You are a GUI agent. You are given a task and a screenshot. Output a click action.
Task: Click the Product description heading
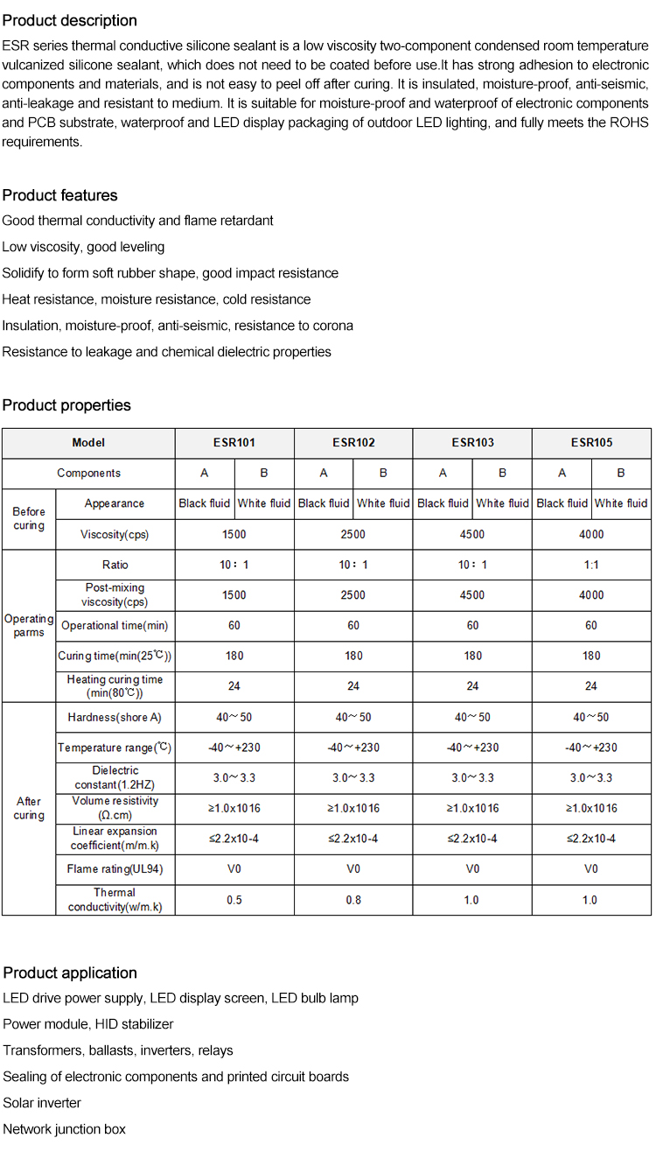70,20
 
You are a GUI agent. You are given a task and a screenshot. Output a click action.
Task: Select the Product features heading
59,195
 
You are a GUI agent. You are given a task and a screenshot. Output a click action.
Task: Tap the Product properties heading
66,405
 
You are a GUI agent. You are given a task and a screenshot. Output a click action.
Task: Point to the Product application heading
70,973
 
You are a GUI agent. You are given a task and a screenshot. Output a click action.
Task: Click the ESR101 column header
234,443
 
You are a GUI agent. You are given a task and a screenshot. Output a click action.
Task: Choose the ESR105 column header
591,443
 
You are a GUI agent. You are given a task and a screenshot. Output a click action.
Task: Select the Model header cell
88,443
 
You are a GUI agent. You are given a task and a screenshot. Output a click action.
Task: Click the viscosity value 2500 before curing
353,534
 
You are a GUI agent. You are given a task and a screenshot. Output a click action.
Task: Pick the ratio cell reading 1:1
591,565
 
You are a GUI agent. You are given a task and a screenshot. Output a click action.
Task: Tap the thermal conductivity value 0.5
234,900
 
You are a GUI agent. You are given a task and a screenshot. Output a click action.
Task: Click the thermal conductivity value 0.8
353,900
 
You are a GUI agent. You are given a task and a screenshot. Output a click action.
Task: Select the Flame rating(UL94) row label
115,869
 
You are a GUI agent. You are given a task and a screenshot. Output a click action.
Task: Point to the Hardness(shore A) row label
115,717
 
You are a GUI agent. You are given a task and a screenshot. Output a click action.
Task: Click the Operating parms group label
29,625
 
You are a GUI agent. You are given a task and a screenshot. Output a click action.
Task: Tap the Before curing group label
29,518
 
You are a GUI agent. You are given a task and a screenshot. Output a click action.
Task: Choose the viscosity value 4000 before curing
591,534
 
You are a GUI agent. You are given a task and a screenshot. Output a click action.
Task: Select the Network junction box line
65,1129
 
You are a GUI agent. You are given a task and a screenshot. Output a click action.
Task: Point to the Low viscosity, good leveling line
83,247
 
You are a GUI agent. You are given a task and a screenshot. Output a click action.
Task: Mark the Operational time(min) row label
115,626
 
